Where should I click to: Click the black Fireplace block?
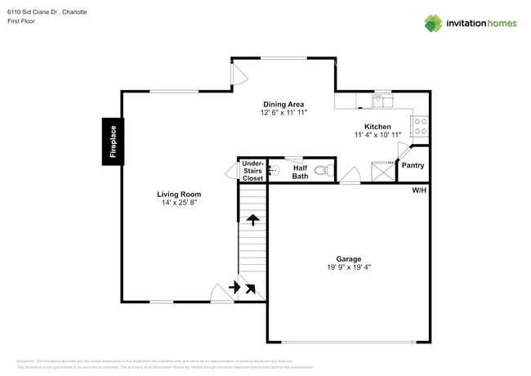tap(113, 141)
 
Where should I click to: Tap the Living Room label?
tap(178, 194)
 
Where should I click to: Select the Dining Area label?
tap(283, 104)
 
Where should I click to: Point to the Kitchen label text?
tap(378, 127)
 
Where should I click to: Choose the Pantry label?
tap(412, 166)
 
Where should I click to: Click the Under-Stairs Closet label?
tap(252, 171)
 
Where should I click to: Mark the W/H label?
tap(419, 190)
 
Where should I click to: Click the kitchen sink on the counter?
tap(382, 100)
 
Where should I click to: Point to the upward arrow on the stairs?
tap(253, 220)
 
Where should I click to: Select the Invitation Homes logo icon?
tap(432, 23)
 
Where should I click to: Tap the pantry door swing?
tap(401, 151)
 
